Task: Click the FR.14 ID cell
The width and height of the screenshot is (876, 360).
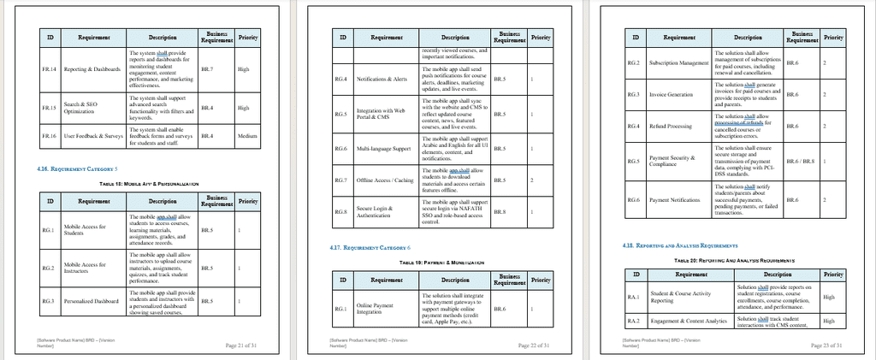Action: click(50, 69)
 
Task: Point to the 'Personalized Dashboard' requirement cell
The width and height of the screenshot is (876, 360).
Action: click(92, 300)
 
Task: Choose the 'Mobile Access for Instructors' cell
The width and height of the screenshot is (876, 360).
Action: click(85, 268)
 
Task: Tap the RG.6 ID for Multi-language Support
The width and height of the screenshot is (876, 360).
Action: click(340, 148)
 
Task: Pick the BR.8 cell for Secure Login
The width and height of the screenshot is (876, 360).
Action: click(500, 210)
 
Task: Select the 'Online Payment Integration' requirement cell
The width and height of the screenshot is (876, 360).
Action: click(375, 309)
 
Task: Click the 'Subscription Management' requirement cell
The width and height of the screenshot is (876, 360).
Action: click(679, 62)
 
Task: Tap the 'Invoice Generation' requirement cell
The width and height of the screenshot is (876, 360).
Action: click(672, 95)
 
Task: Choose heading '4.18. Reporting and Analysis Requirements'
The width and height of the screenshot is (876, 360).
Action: click(674, 245)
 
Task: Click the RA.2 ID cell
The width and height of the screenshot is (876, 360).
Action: click(634, 321)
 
